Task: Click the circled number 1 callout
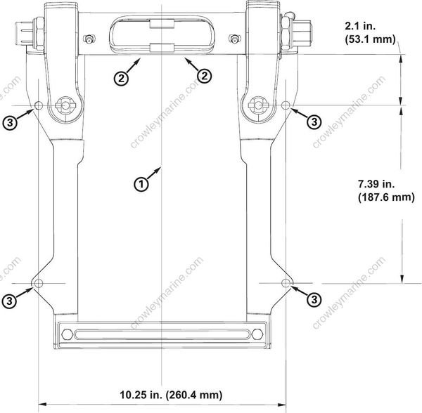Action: [141, 184]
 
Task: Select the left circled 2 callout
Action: [122, 78]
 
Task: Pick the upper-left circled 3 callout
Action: [9, 122]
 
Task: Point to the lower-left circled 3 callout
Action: [9, 300]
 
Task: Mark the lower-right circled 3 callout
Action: [314, 299]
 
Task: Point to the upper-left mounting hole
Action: [39, 105]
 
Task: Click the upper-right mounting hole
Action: [286, 105]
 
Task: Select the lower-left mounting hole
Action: [39, 282]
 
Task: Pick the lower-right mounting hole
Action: [286, 282]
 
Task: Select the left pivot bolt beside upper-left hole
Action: [65, 105]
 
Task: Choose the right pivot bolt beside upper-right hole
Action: [259, 105]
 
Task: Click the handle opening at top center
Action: [162, 34]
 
